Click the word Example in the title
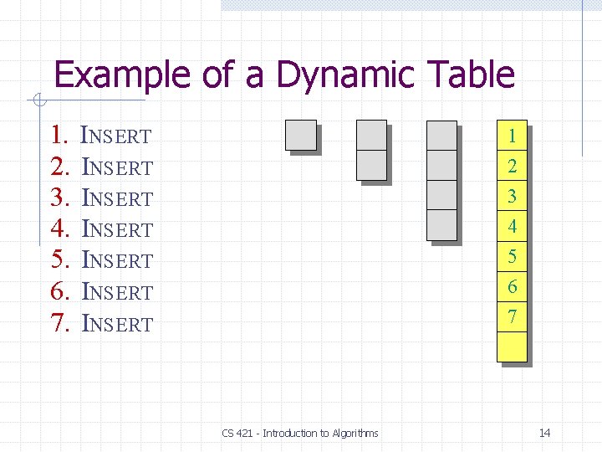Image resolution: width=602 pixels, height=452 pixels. (x=123, y=74)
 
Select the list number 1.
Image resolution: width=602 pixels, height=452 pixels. (x=58, y=135)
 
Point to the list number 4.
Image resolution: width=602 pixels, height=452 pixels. (x=58, y=229)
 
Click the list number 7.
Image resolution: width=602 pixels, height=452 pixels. (x=58, y=323)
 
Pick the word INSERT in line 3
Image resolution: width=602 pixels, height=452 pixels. (x=117, y=198)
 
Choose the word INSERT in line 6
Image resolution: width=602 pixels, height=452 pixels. (x=117, y=292)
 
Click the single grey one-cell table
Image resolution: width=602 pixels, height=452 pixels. (x=301, y=136)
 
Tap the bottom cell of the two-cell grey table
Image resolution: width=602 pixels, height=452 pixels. (x=371, y=165)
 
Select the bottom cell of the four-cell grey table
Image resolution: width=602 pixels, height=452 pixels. (x=441, y=225)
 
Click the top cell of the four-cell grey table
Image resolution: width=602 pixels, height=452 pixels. (x=441, y=136)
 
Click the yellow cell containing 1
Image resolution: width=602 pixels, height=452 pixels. (x=512, y=136)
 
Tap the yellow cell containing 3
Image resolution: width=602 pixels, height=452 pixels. (x=512, y=196)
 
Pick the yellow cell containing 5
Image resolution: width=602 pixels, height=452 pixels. (x=512, y=256)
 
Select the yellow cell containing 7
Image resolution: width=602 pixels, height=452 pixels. (x=512, y=316)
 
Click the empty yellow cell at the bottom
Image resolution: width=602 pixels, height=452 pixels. (x=512, y=347)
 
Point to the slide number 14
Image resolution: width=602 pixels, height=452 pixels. (x=544, y=433)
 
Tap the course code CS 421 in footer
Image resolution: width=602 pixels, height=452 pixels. (x=239, y=433)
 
